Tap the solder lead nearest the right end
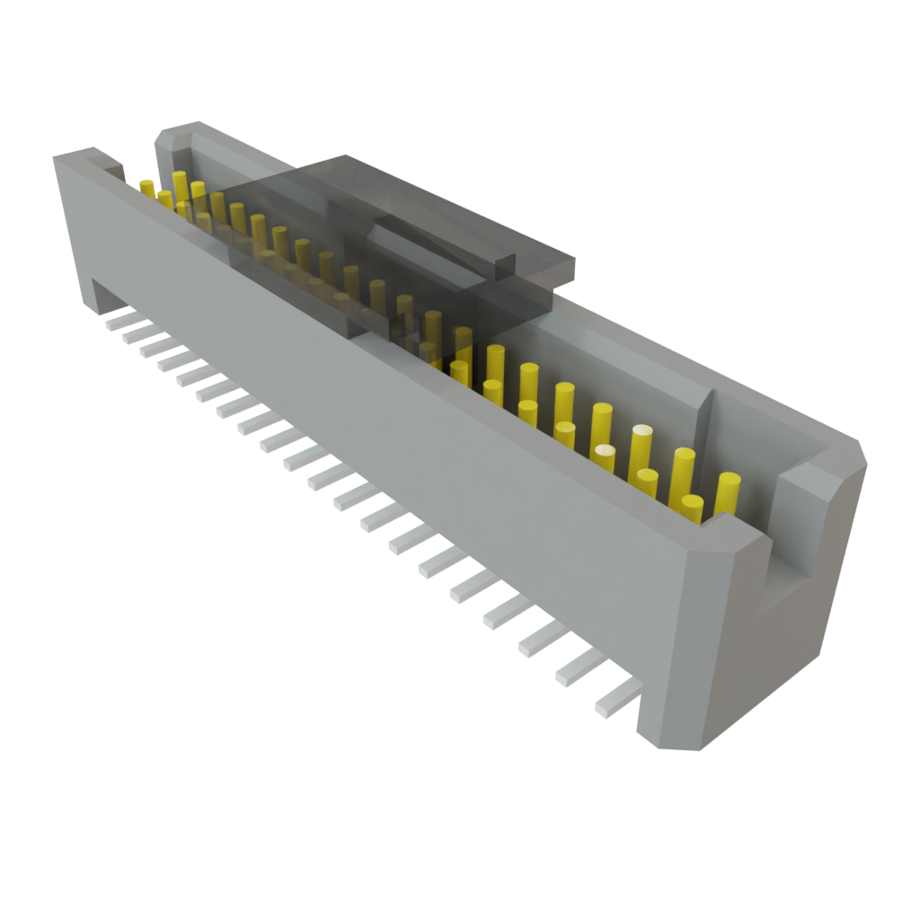617,696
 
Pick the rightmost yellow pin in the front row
692,508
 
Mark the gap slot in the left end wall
115,168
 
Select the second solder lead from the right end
579,669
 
